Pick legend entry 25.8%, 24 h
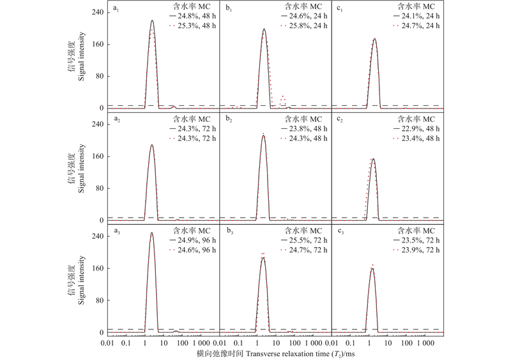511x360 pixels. point(310,26)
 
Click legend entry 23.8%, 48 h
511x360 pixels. point(310,128)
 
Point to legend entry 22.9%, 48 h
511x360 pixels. point(422,128)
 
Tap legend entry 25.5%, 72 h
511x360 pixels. point(310,239)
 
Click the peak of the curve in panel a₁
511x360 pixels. point(152,20)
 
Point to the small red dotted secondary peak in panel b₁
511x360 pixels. point(282,96)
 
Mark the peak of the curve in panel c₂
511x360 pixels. point(373,159)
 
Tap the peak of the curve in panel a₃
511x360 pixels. point(151,233)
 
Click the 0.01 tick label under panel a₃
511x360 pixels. point(107,343)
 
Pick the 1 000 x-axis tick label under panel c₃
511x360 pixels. point(424,343)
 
